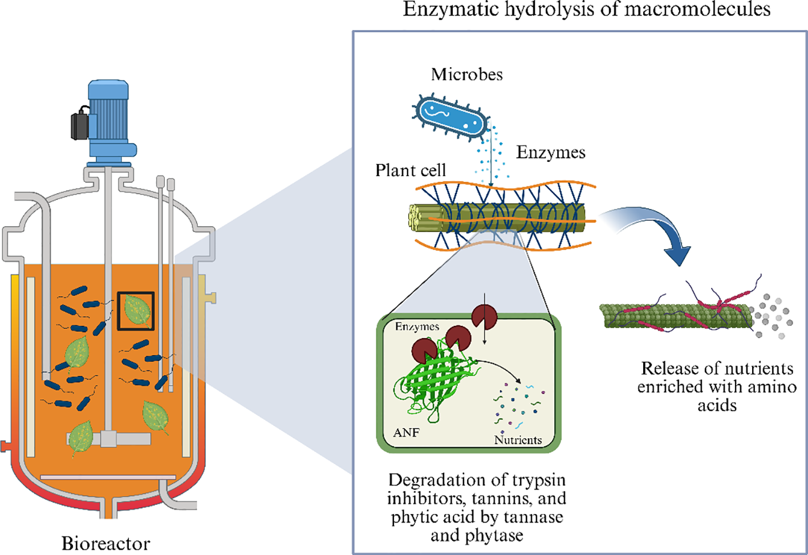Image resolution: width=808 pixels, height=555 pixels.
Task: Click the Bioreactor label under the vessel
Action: (x=105, y=543)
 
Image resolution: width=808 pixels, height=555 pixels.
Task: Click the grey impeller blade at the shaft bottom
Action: (x=108, y=439)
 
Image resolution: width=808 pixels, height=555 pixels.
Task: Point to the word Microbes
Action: (x=466, y=74)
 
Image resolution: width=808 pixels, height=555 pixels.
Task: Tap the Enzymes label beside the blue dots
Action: (x=550, y=152)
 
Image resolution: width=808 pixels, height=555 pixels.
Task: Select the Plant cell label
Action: (x=410, y=170)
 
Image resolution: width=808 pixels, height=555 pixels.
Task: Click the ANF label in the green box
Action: (x=406, y=432)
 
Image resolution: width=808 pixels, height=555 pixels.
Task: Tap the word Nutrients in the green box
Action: (x=518, y=440)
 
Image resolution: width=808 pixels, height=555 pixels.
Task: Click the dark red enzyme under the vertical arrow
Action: (x=484, y=317)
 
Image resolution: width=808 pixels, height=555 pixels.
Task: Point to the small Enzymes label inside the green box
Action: (x=417, y=327)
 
